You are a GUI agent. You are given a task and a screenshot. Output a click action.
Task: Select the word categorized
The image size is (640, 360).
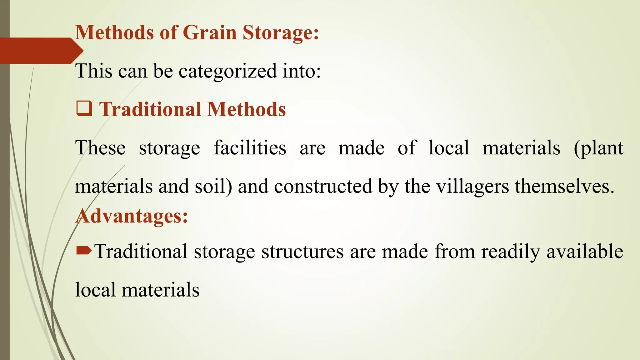click(227, 71)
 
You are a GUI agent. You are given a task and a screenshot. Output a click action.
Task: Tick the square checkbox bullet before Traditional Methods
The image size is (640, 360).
click(84, 109)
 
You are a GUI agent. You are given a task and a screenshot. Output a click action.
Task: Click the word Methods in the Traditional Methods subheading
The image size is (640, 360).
click(247, 109)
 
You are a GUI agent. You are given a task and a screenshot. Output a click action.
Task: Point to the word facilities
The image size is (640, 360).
click(250, 148)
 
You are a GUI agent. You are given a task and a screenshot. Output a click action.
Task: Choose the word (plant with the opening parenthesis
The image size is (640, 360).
click(598, 148)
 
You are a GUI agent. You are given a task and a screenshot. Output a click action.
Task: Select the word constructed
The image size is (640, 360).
click(323, 186)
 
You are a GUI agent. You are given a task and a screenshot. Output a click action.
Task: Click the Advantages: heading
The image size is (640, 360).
click(132, 216)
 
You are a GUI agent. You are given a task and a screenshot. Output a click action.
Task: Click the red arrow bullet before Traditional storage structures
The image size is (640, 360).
click(84, 250)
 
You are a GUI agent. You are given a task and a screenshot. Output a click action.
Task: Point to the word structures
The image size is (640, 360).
click(302, 252)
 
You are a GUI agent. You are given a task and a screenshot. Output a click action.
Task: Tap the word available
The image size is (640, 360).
click(585, 252)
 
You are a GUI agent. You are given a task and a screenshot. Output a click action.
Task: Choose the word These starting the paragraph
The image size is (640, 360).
click(100, 148)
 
